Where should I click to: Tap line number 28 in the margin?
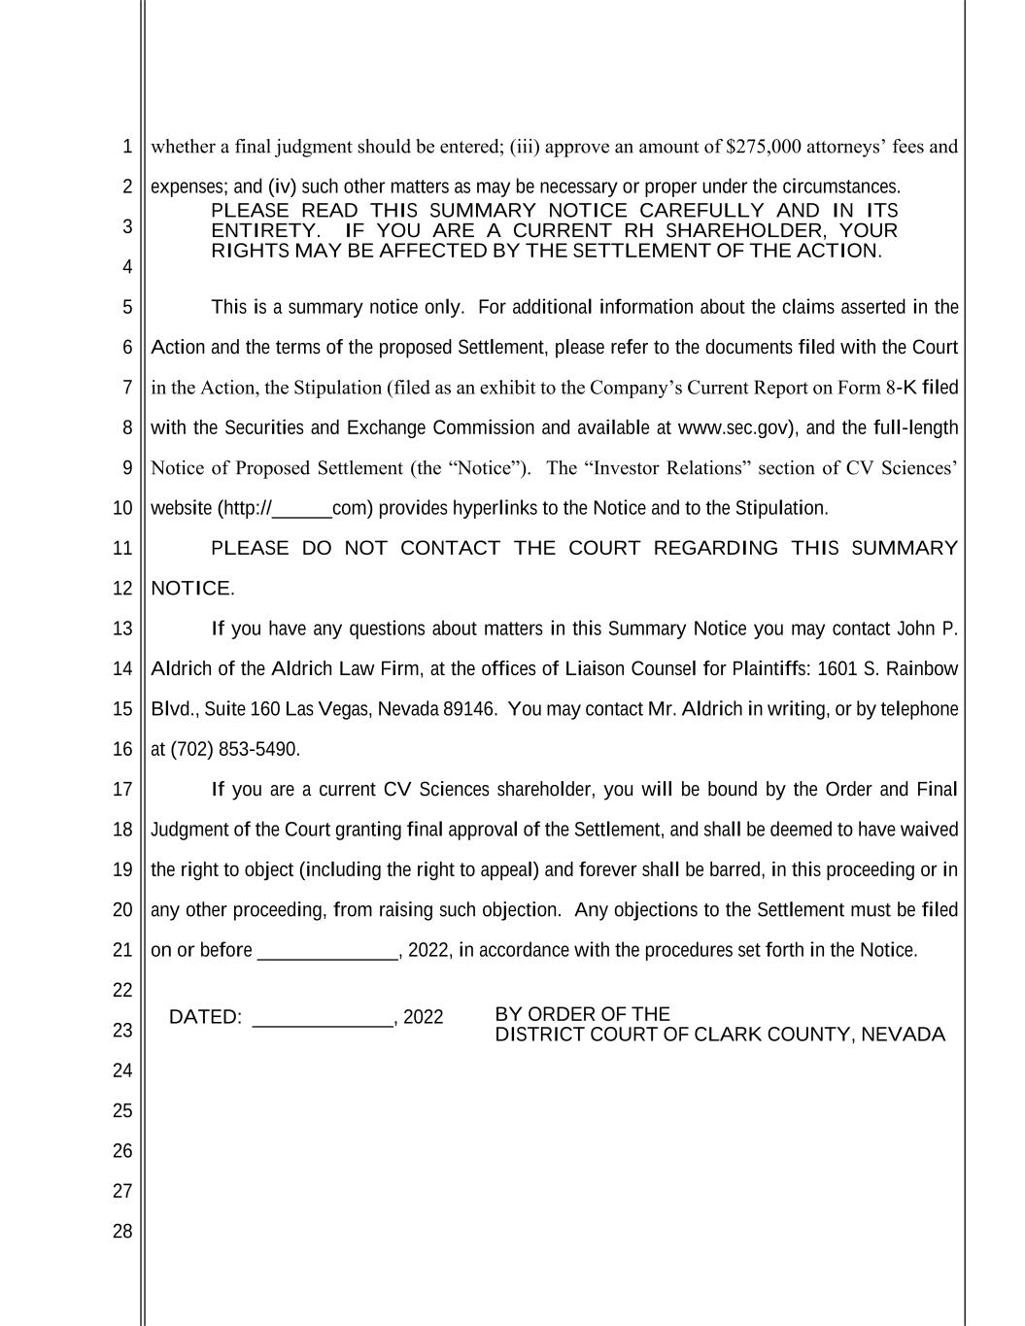pos(121,1232)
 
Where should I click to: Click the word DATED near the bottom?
pos(204,1017)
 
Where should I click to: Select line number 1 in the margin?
pos(126,147)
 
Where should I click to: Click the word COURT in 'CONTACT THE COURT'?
pos(604,548)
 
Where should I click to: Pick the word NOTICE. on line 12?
pos(192,589)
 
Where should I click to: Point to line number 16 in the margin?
pos(121,749)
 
